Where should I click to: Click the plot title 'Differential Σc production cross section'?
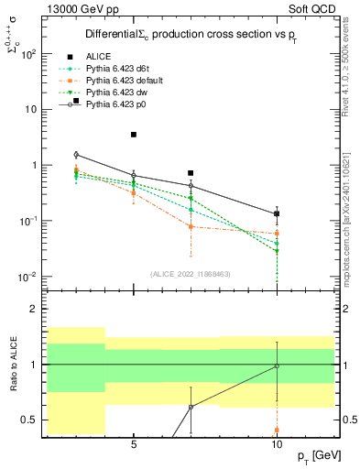point(190,34)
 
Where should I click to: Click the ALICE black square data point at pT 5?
point(134,135)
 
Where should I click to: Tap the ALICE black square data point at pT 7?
point(191,173)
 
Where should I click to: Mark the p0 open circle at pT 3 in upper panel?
point(76,155)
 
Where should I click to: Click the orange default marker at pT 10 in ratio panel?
point(277,430)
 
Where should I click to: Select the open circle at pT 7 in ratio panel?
point(191,407)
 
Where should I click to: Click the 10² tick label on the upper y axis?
point(28,53)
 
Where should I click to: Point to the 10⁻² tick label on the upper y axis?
point(28,277)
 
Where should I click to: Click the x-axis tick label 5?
point(134,445)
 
